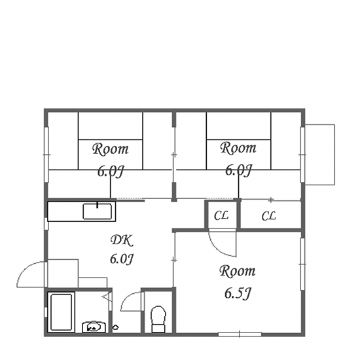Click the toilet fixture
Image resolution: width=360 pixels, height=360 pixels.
tap(158, 319)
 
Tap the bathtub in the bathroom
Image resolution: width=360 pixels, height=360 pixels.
tap(62, 312)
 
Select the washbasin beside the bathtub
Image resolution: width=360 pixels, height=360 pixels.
tap(94, 327)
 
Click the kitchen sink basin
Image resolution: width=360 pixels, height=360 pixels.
tap(98, 211)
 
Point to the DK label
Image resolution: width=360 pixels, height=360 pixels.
tap(122, 241)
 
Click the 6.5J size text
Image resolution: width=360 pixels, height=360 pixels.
tap(238, 293)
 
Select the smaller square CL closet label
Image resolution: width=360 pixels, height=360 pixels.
tap(221, 216)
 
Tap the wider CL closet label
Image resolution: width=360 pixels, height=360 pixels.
tap(268, 216)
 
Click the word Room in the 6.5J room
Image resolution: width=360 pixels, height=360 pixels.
tap(238, 271)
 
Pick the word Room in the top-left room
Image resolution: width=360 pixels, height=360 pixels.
tap(111, 149)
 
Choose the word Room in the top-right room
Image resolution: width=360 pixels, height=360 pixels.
tap(238, 148)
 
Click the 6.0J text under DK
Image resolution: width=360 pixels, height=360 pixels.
tap(122, 259)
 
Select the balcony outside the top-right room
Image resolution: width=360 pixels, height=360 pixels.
tap(319, 154)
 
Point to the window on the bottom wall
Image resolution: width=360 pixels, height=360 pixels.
tap(240, 334)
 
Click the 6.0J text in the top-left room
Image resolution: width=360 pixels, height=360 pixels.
tap(111, 171)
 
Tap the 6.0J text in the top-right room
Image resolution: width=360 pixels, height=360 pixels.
tap(239, 170)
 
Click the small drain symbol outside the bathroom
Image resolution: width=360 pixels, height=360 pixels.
tap(115, 327)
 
